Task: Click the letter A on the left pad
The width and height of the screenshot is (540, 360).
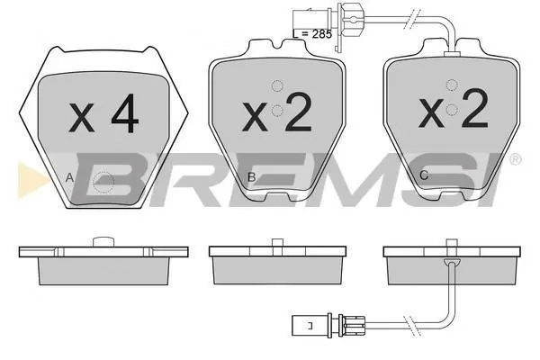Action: click(x=69, y=178)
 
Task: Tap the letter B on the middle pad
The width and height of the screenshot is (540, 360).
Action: click(x=252, y=177)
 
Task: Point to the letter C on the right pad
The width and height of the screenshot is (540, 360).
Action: click(x=424, y=175)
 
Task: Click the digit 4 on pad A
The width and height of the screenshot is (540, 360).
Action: click(x=125, y=113)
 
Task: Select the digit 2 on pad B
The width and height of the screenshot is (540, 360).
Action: click(x=299, y=112)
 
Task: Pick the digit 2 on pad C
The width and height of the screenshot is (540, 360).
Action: click(x=475, y=108)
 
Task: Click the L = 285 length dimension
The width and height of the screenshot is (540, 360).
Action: click(x=312, y=34)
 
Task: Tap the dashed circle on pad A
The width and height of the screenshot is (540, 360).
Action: click(x=103, y=182)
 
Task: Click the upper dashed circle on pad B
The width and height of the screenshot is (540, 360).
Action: click(x=277, y=85)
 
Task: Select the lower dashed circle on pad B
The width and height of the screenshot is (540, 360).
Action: click(x=277, y=111)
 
